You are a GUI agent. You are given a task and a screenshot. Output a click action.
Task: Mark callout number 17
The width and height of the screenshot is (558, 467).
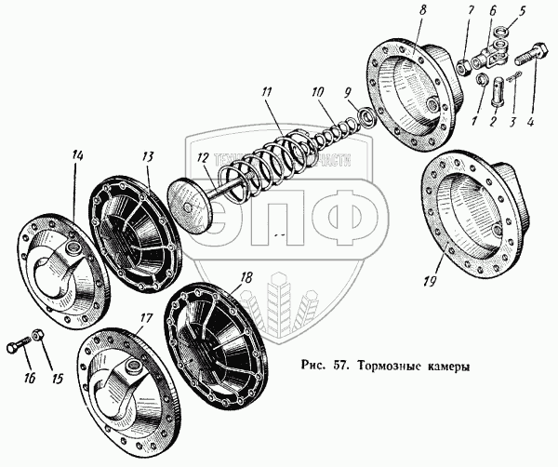146,318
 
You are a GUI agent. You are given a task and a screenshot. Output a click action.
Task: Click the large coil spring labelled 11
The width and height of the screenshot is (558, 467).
270,158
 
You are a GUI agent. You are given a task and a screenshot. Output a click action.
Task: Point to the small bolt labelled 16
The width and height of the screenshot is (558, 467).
19,348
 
